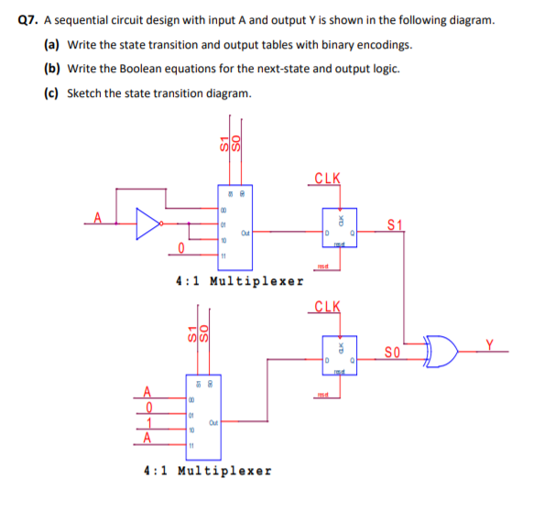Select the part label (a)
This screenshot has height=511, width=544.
click(52, 45)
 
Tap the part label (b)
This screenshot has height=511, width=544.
click(52, 69)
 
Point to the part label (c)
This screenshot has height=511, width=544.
click(52, 92)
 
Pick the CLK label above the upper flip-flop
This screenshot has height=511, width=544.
click(327, 178)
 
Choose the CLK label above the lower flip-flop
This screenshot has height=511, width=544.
click(327, 305)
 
